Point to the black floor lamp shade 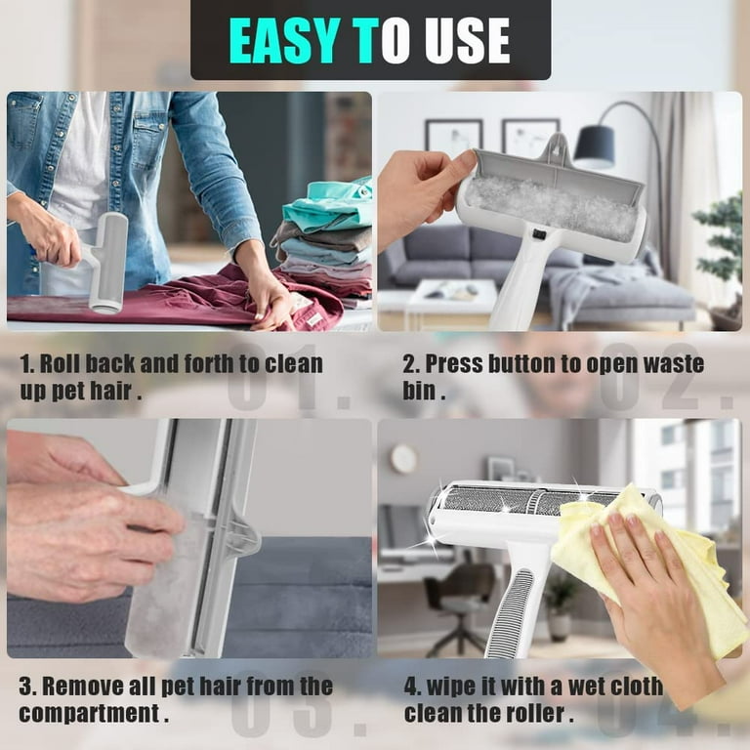[594, 146]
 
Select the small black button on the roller [535, 234]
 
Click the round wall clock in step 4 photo [403, 458]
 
